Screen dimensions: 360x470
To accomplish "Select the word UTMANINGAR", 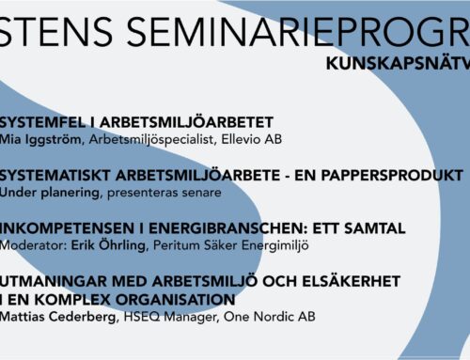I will pyautogui.click(x=53, y=281).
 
